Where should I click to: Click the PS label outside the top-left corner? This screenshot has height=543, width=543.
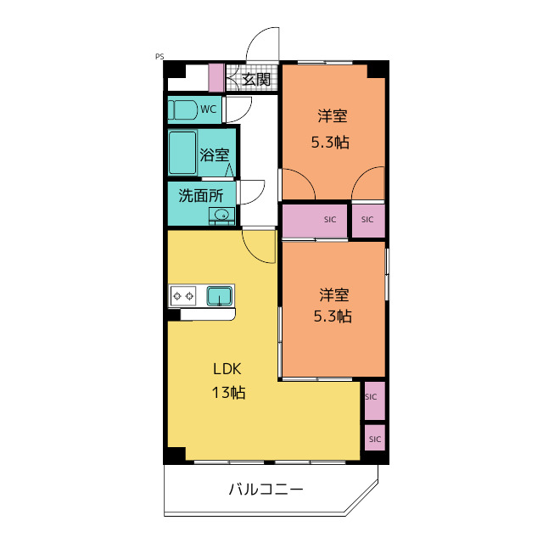[x=160, y=57]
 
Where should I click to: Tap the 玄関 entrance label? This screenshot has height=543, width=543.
[x=256, y=80]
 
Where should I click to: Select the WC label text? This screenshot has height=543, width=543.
[x=209, y=109]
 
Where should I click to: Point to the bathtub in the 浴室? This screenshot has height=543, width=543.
[x=182, y=153]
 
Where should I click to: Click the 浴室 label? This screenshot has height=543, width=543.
[x=215, y=154]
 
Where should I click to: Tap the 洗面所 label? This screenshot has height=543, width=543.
[x=201, y=196]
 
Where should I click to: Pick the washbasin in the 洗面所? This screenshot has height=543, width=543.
[x=221, y=215]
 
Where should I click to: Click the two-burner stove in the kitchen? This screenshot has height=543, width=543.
[x=183, y=296]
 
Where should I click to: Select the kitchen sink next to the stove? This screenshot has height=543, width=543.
[x=220, y=296]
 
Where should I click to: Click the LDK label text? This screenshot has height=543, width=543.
[x=227, y=369]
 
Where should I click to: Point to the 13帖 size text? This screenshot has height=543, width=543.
[x=228, y=393]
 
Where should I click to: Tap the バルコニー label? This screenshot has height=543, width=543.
[x=266, y=490]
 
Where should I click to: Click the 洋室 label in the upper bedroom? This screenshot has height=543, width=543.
[x=333, y=115]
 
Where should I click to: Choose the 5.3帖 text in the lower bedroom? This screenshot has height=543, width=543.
[x=333, y=316]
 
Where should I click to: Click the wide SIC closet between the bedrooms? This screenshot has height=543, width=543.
[x=315, y=221]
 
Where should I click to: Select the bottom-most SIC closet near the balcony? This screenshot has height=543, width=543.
[x=375, y=438]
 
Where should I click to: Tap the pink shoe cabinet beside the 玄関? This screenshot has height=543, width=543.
[x=216, y=78]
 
